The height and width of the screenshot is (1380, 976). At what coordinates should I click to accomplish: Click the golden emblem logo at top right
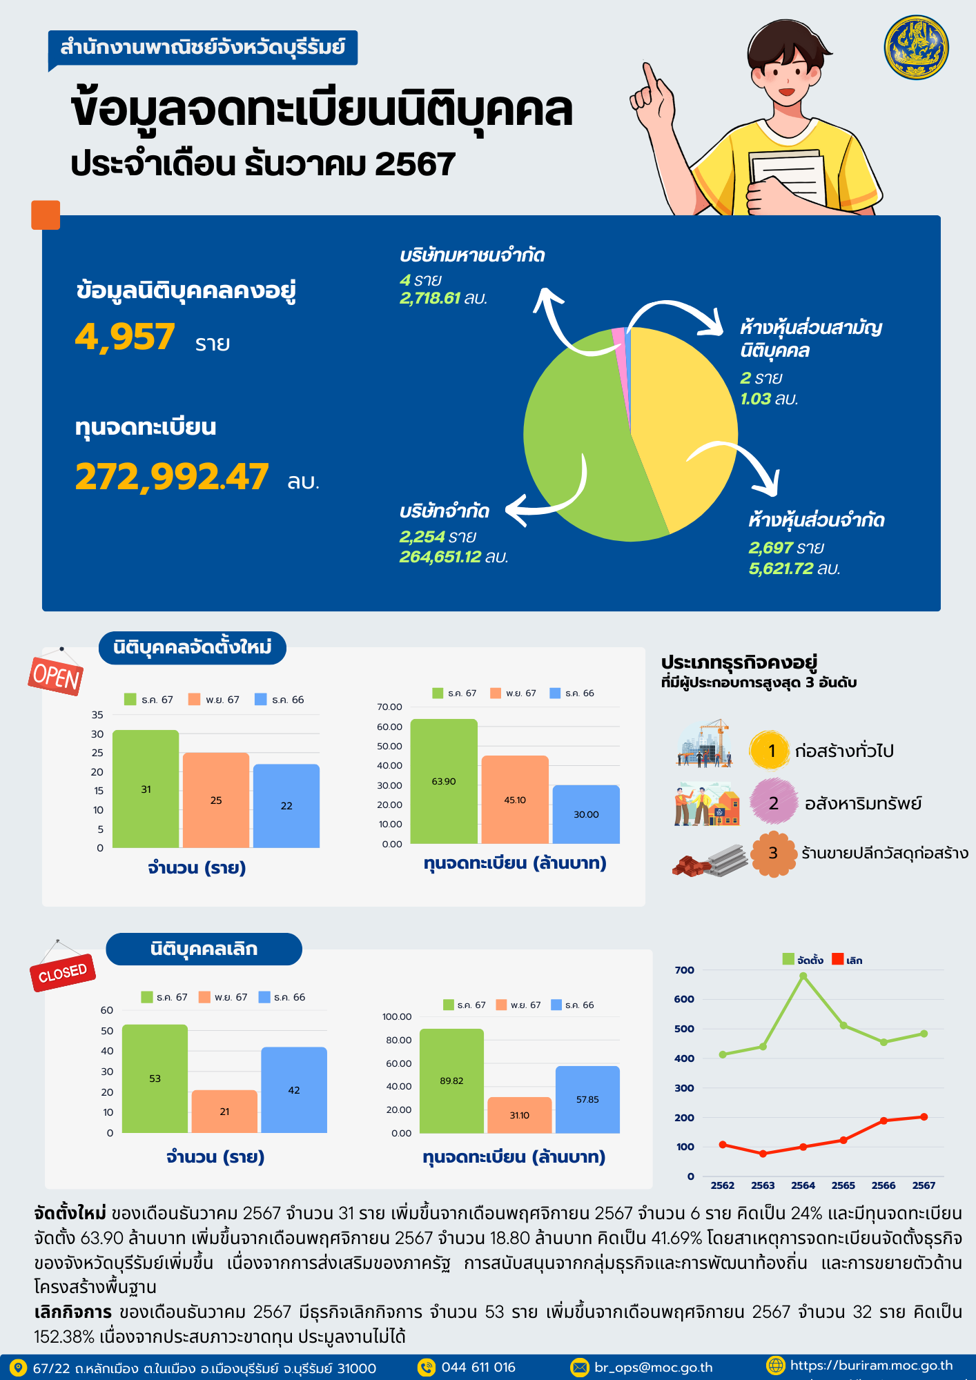click(916, 48)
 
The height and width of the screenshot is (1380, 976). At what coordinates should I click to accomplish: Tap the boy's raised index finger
click(649, 75)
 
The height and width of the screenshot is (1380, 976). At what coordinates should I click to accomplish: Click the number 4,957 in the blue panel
click(125, 337)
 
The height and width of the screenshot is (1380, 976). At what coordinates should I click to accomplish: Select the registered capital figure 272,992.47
click(172, 477)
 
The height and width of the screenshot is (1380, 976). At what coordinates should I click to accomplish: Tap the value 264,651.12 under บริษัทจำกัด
click(440, 557)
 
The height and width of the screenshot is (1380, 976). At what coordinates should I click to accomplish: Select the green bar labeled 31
click(146, 789)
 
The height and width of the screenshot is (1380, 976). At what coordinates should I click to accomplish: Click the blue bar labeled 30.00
click(586, 814)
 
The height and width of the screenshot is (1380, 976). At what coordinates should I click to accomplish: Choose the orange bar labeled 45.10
click(515, 800)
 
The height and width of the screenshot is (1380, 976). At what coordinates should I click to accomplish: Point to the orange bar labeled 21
click(224, 1112)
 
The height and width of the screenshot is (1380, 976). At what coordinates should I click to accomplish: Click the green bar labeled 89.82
click(451, 1081)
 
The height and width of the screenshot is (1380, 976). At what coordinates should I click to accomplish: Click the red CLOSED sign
click(62, 973)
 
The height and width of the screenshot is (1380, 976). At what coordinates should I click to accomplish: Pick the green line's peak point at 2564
click(803, 976)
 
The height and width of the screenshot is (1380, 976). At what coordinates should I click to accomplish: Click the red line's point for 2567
click(924, 1116)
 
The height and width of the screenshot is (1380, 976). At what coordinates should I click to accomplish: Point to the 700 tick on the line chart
click(685, 970)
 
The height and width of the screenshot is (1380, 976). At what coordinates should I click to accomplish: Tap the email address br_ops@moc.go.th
click(653, 1368)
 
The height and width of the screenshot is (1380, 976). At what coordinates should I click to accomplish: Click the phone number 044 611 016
click(478, 1368)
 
